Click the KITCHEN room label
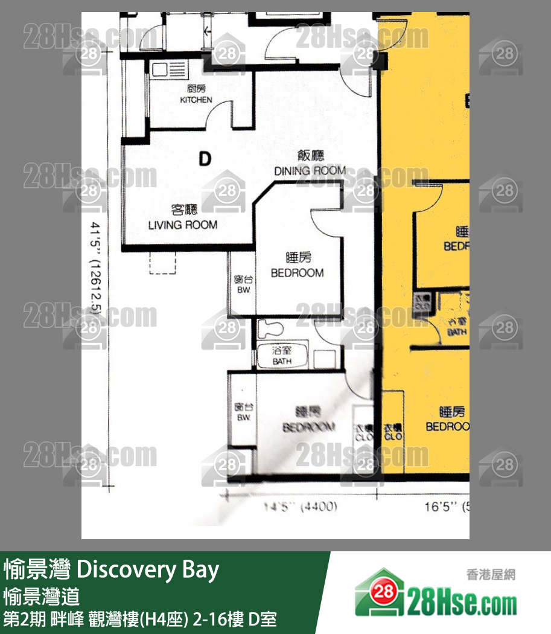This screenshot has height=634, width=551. [196, 100]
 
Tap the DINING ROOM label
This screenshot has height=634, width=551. [310, 170]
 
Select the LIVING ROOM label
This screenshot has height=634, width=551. [183, 225]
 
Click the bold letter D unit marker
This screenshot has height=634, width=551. [205, 159]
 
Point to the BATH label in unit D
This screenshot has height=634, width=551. [281, 361]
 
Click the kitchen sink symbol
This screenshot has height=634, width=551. [162, 70]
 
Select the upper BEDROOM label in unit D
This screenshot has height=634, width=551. [297, 272]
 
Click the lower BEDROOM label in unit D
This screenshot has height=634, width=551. [308, 427]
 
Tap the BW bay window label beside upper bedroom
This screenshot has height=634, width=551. [243, 290]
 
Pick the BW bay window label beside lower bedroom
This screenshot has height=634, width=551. [243, 417]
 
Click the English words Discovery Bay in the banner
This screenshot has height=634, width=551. [148, 570]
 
